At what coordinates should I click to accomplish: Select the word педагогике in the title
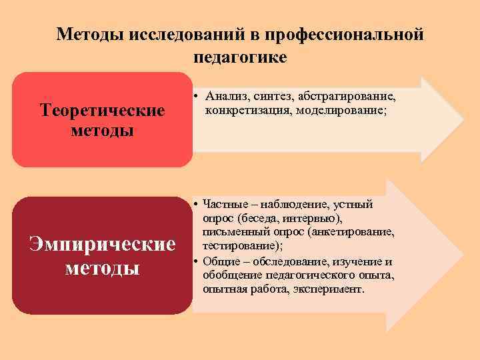[x=240, y=57]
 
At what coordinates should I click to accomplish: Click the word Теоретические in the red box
[x=103, y=109]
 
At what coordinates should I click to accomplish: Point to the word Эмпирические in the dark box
[x=103, y=245]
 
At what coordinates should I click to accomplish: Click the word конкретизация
[x=244, y=109]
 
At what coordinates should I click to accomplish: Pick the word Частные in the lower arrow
[x=224, y=204]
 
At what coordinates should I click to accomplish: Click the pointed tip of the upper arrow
[x=462, y=120]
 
